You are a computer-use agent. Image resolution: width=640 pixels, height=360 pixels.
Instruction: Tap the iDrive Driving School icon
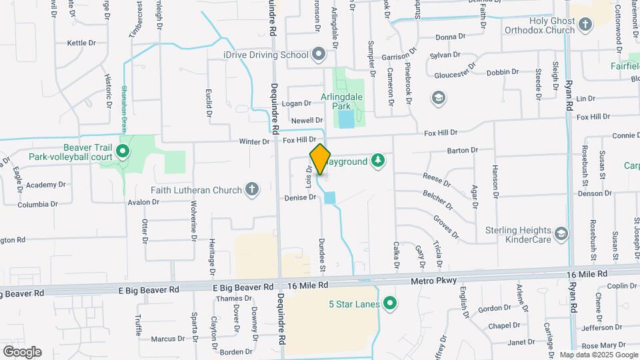(x=318, y=54)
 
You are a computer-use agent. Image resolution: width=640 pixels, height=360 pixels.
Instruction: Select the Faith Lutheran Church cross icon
(x=252, y=190)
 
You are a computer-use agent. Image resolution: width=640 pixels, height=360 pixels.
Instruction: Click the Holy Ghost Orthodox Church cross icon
(x=585, y=25)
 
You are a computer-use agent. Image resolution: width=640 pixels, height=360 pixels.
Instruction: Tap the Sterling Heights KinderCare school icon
(x=562, y=233)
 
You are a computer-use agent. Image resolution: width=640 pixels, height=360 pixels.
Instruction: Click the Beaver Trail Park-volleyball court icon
(x=122, y=151)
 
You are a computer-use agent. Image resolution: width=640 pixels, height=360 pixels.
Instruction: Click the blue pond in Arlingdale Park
(x=345, y=120)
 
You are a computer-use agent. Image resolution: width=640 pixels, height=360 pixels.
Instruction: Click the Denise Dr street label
(x=299, y=197)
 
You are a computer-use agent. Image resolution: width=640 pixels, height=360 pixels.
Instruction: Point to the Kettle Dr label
(x=81, y=43)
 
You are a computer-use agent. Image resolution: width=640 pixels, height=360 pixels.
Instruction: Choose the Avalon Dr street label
(x=143, y=202)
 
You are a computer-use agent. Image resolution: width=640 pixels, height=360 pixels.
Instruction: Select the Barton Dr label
(x=463, y=151)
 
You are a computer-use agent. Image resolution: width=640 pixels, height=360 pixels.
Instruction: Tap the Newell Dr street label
(x=307, y=120)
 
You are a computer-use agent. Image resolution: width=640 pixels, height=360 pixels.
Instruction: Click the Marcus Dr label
(x=163, y=339)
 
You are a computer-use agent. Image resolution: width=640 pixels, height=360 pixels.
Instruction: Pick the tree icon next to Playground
(x=378, y=160)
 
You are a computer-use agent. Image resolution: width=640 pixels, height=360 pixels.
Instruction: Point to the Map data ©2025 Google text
(x=598, y=355)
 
